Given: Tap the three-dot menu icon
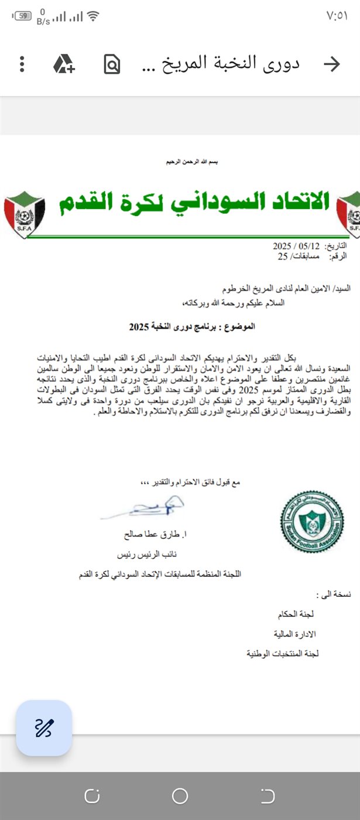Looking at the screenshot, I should pyautogui.click(x=22, y=64).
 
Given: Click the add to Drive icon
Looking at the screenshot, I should pyautogui.click(x=64, y=64).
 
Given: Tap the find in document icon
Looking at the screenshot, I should pyautogui.click(x=111, y=64).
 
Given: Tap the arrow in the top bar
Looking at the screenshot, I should pyautogui.click(x=332, y=64).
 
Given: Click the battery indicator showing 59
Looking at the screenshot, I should pyautogui.click(x=22, y=16).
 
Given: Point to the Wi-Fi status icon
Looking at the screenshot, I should pyautogui.click(x=92, y=16).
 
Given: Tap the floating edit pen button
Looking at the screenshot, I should pyautogui.click(x=44, y=727).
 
